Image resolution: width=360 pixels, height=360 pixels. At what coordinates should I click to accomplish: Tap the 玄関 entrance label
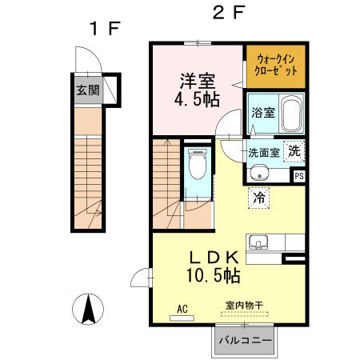pyautogui.click(x=87, y=90)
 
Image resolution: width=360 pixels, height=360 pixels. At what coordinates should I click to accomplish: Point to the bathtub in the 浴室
pyautogui.click(x=292, y=114)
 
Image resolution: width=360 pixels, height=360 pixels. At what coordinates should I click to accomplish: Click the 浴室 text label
pyautogui.click(x=264, y=113)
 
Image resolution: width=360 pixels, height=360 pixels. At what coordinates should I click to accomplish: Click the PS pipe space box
pyautogui.click(x=299, y=176)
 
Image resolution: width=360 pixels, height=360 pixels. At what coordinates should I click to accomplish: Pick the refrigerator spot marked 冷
pyautogui.click(x=259, y=196)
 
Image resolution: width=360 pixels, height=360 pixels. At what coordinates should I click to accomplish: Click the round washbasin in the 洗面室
pyautogui.click(x=260, y=173)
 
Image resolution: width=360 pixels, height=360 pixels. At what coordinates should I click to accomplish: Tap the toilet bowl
pyautogui.click(x=197, y=165)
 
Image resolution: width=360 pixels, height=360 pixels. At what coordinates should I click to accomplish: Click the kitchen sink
pyautogui.click(x=259, y=243)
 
